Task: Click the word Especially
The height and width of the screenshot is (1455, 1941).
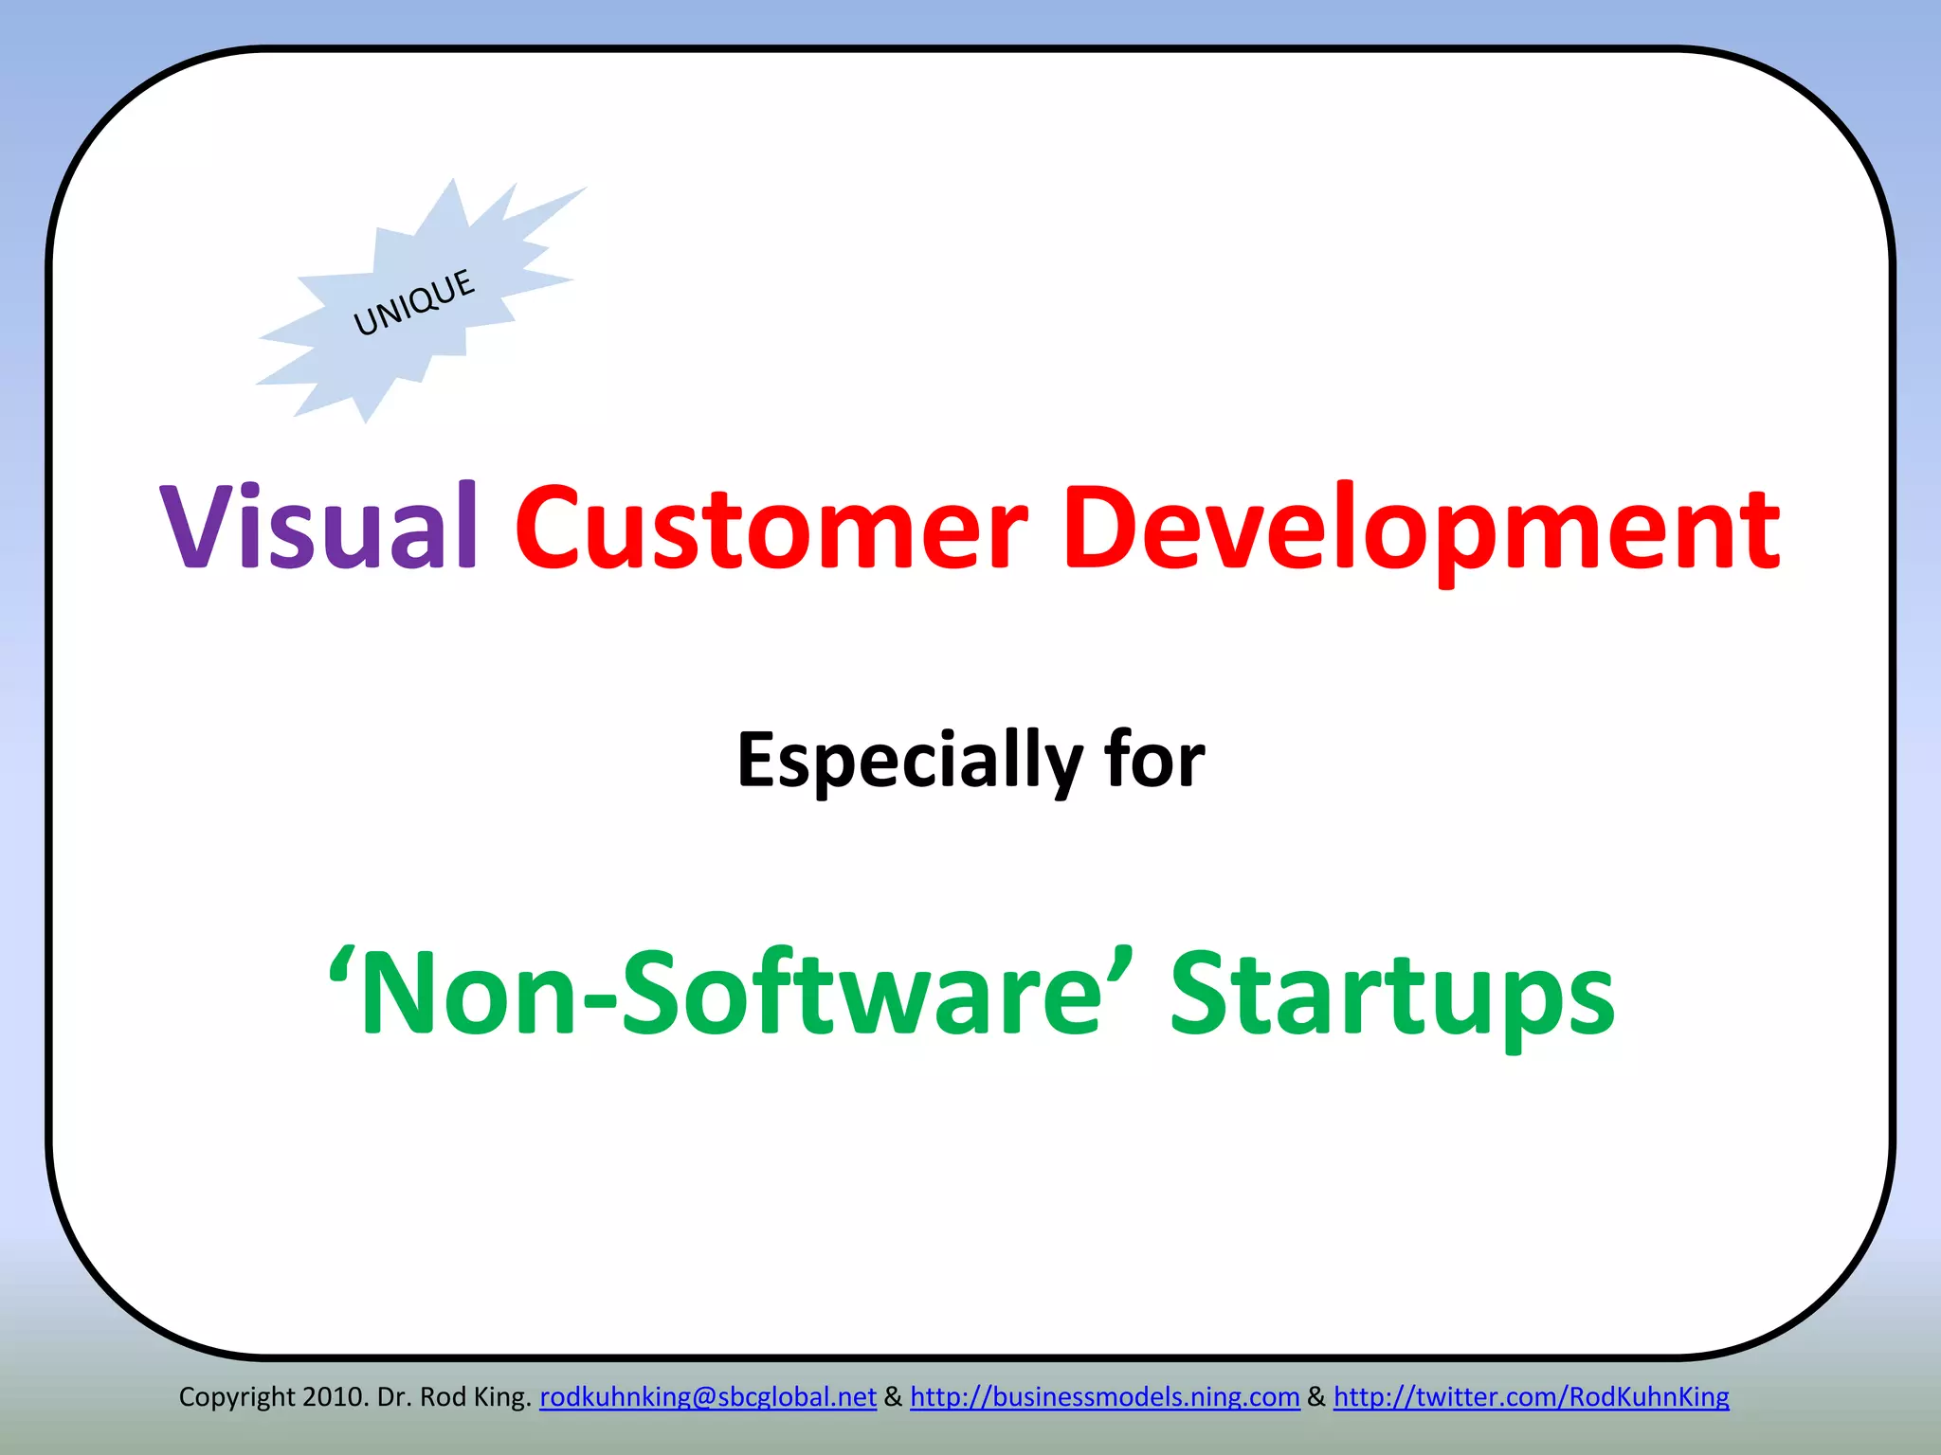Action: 908,761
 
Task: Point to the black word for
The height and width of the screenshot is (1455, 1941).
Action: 1153,759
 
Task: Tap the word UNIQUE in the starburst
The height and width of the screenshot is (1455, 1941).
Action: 414,302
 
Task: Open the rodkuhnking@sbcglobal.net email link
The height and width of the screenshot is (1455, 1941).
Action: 707,1397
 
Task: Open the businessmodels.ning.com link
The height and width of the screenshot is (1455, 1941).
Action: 1104,1397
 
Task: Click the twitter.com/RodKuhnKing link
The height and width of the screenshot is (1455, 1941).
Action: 1531,1397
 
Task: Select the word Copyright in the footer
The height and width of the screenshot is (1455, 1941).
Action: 237,1397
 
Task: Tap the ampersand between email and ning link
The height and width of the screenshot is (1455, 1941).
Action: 893,1397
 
